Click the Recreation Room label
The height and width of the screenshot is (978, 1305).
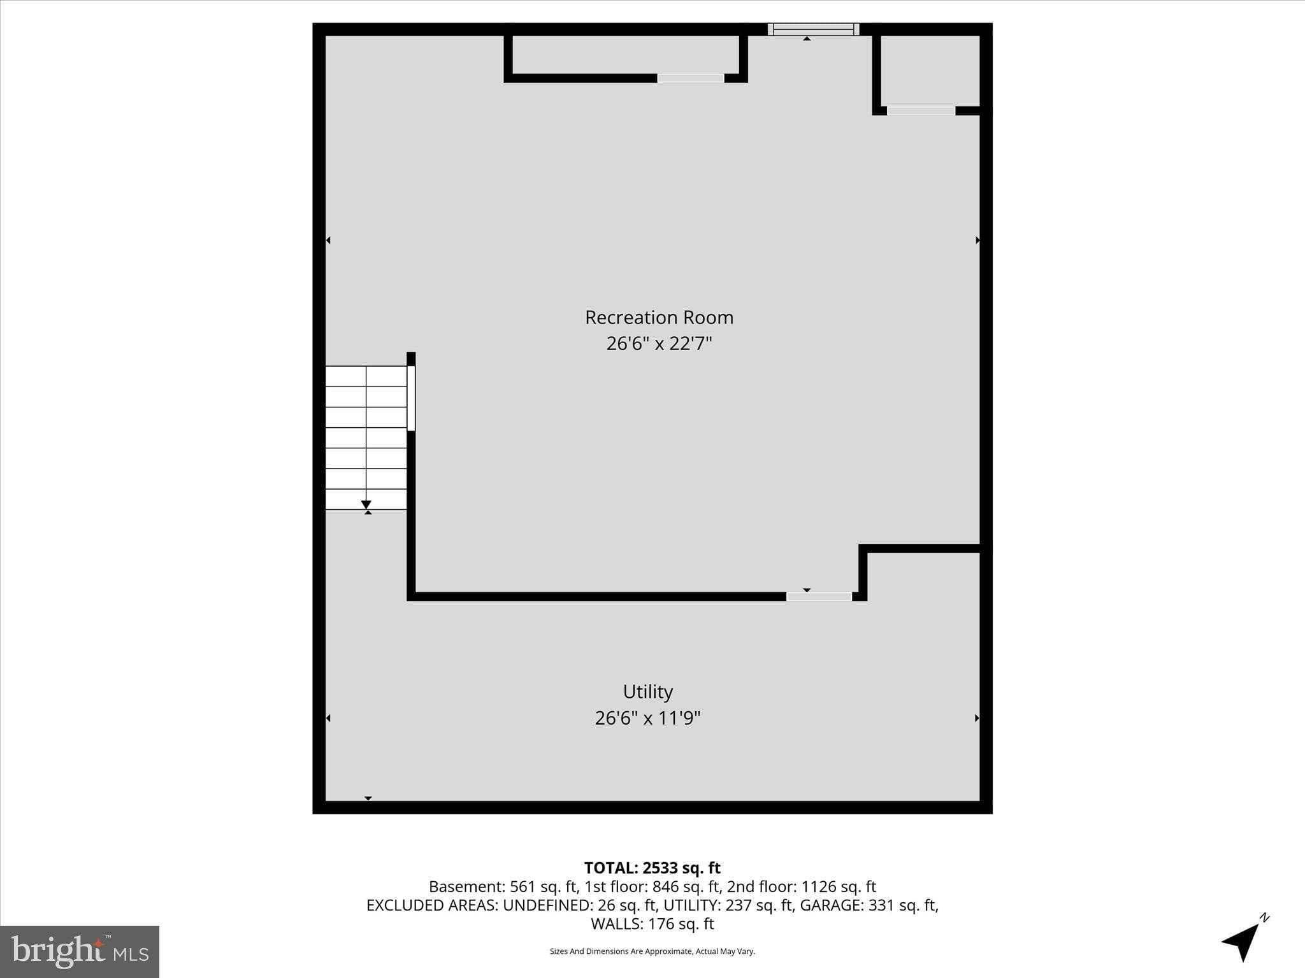coord(659,317)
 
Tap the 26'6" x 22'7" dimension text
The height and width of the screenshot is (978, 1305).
coord(659,344)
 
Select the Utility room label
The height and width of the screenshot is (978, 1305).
coord(647,691)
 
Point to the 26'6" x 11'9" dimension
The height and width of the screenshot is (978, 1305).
coord(647,718)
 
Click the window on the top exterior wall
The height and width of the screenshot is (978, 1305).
coord(813,29)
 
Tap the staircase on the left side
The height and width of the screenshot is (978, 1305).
coord(366,437)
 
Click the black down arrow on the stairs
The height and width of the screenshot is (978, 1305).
coord(366,505)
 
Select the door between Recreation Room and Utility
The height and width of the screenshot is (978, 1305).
coord(819,597)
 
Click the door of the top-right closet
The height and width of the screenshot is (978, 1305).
coord(921,111)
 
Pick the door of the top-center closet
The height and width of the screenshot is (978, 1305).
coord(691,78)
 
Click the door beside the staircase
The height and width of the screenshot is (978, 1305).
coord(411,398)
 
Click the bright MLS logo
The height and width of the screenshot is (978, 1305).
coord(80,951)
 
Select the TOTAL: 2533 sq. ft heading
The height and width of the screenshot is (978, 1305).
coord(652,868)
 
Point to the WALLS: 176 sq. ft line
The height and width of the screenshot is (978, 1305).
coord(652,924)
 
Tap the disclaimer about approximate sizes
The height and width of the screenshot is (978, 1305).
coord(652,951)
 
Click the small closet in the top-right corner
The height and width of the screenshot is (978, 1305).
coord(930,70)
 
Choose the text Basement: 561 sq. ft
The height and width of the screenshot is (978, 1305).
coord(503,887)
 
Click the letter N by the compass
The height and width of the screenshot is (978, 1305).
coord(1265,918)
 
